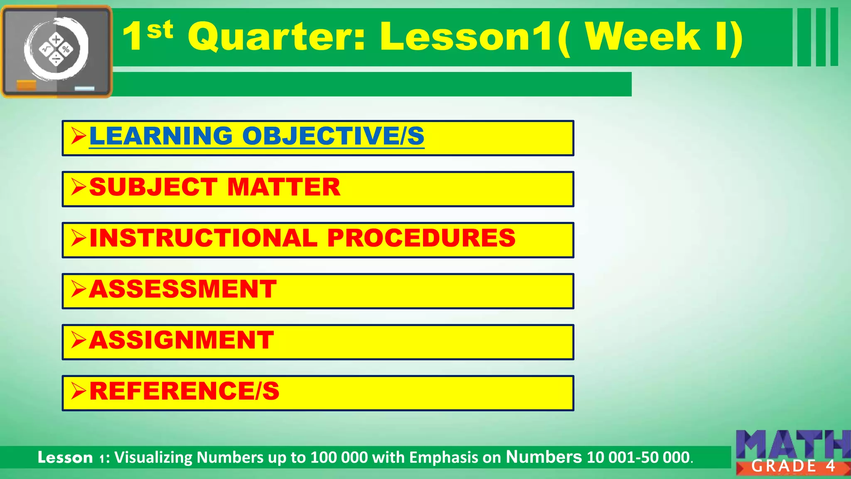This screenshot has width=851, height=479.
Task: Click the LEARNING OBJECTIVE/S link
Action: [256, 136]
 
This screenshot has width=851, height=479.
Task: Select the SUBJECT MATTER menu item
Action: [214, 188]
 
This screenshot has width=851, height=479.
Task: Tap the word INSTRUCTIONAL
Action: [204, 238]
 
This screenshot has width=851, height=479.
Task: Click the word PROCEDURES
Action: [421, 238]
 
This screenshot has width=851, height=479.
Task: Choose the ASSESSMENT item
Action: [183, 289]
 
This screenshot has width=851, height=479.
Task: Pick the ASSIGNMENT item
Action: [181, 341]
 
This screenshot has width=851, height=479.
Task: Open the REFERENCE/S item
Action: [184, 391]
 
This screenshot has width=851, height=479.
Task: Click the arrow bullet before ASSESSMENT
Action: [78, 289]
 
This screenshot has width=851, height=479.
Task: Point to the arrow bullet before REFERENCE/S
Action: [78, 391]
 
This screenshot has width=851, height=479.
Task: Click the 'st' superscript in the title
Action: [160, 30]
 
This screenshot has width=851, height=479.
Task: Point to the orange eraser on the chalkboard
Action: [26, 86]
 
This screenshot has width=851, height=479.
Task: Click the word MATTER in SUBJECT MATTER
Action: [284, 188]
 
